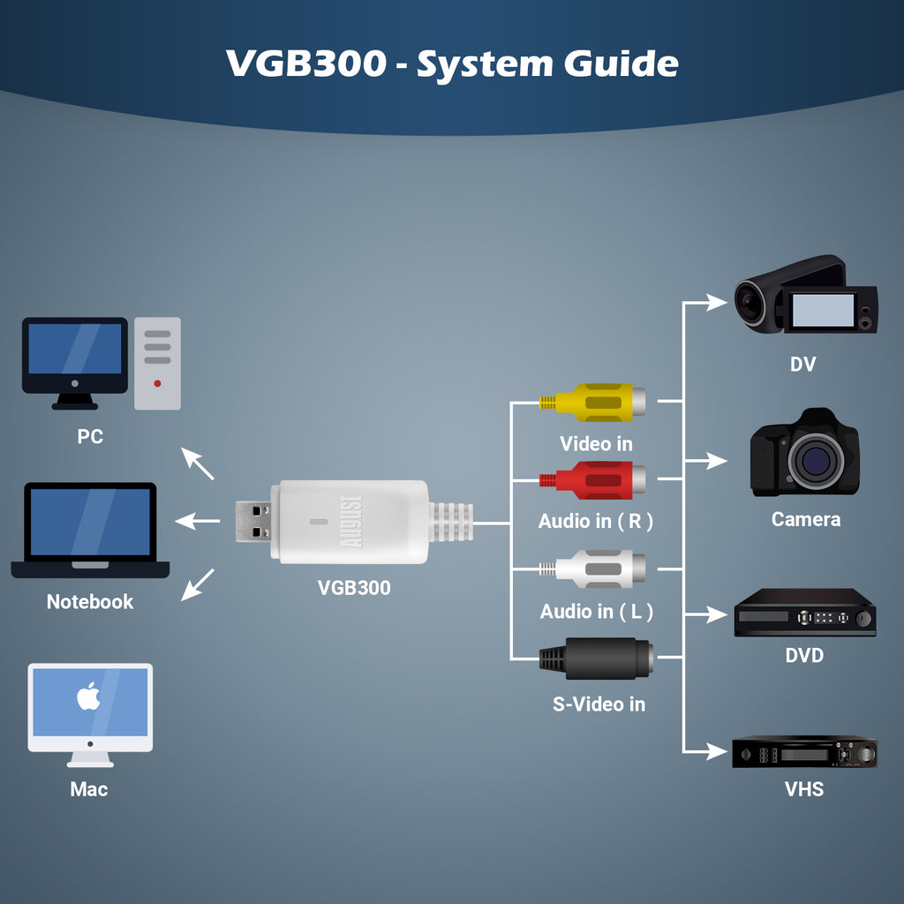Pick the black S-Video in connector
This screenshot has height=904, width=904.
tap(596, 659)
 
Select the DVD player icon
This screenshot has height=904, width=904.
tap(804, 614)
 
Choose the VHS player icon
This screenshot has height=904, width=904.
tap(804, 752)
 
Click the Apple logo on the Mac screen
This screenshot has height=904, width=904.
tap(88, 697)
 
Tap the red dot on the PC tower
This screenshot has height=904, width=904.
tap(157, 384)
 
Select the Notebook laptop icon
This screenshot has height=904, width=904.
tap(90, 531)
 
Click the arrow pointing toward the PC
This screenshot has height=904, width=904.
tap(198, 463)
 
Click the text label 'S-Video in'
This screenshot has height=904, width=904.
tap(599, 704)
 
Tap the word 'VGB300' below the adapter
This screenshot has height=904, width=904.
tap(353, 588)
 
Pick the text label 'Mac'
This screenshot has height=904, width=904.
tap(89, 789)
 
